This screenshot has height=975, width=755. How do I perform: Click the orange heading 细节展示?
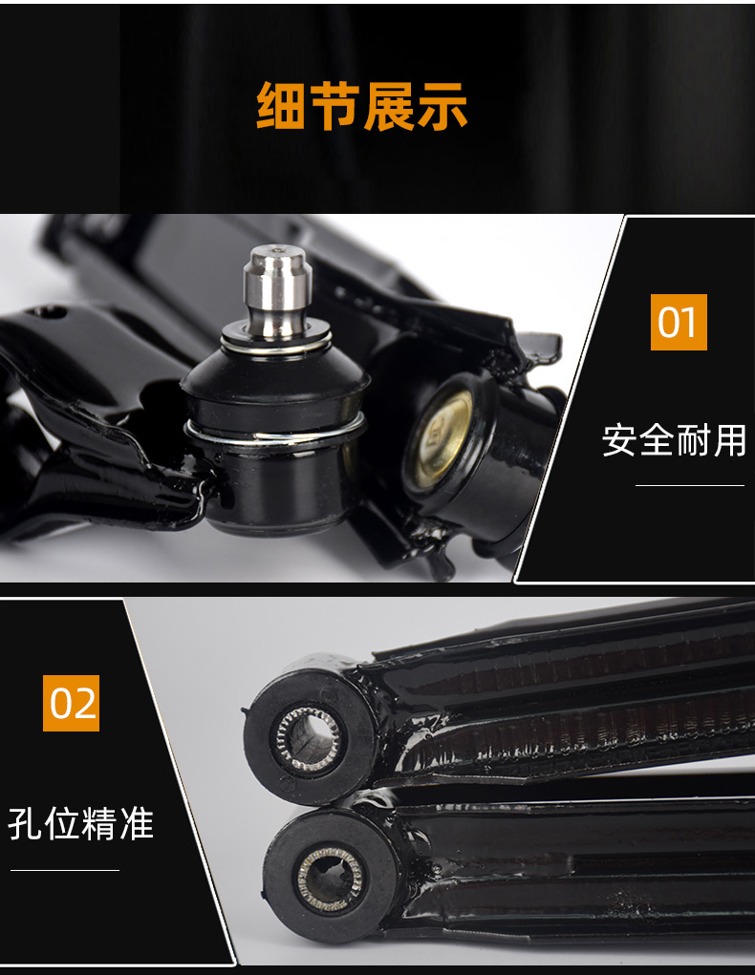click(362, 106)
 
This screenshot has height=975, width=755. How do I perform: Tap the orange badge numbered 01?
click(679, 322)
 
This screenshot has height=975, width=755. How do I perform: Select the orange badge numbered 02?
click(72, 703)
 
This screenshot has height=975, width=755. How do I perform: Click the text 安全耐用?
click(674, 440)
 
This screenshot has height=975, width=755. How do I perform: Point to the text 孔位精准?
click(81, 823)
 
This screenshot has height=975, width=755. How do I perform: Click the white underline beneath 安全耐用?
click(689, 485)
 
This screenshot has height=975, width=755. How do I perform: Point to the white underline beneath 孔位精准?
click(65, 870)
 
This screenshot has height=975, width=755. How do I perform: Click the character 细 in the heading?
click(281, 106)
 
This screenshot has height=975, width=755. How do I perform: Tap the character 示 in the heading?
click(442, 106)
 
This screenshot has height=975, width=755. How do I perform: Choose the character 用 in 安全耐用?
click(728, 440)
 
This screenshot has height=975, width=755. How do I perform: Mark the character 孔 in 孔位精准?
click(27, 823)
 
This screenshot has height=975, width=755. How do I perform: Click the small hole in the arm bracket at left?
click(51, 311)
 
